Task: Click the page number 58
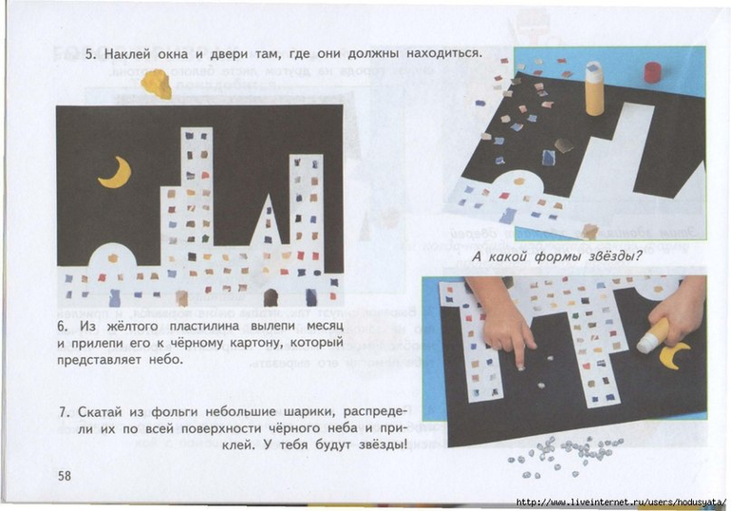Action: pyautogui.click(x=65, y=476)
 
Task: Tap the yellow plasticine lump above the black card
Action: pyautogui.click(x=157, y=84)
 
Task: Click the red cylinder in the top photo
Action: pyautogui.click(x=652, y=73)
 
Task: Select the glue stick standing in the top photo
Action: pyautogui.click(x=594, y=88)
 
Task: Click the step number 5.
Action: pyautogui.click(x=90, y=53)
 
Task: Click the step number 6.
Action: pyautogui.click(x=63, y=326)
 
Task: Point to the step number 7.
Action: pyautogui.click(x=64, y=412)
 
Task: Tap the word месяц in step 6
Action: pyautogui.click(x=325, y=327)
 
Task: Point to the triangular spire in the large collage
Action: pyautogui.click(x=267, y=219)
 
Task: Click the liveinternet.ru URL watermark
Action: pyautogui.click(x=622, y=502)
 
